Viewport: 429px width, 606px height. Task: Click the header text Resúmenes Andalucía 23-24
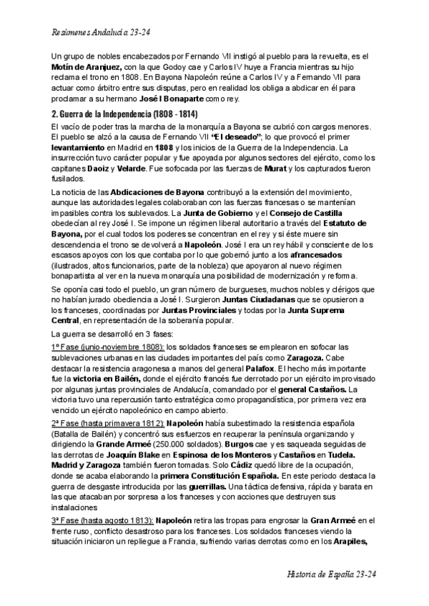pos(101,33)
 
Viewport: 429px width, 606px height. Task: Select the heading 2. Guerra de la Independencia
pos(125,114)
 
